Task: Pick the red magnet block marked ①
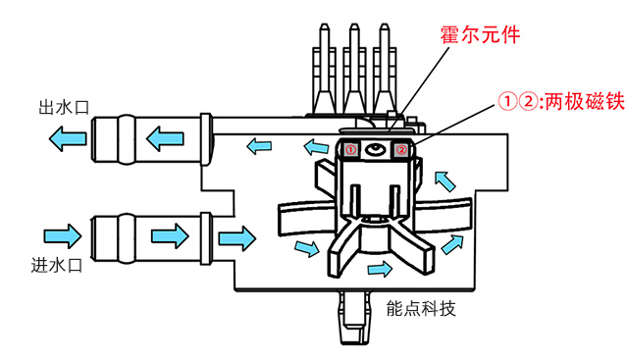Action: pos(350,149)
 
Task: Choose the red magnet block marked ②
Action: pos(400,149)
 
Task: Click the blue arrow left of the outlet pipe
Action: pos(67,141)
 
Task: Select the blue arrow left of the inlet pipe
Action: pos(62,235)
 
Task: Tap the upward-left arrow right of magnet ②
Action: pos(443,180)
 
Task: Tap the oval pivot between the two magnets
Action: pos(375,149)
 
